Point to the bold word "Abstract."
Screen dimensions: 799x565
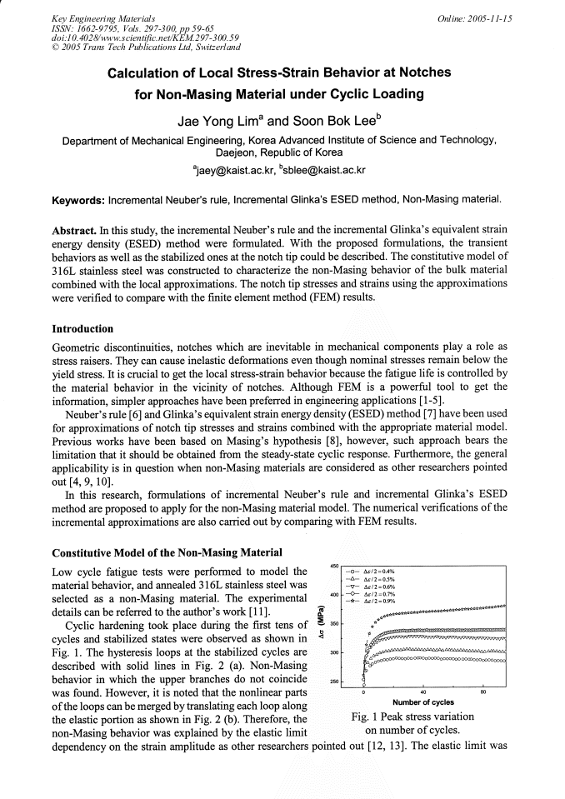pyautogui.click(x=78, y=229)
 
